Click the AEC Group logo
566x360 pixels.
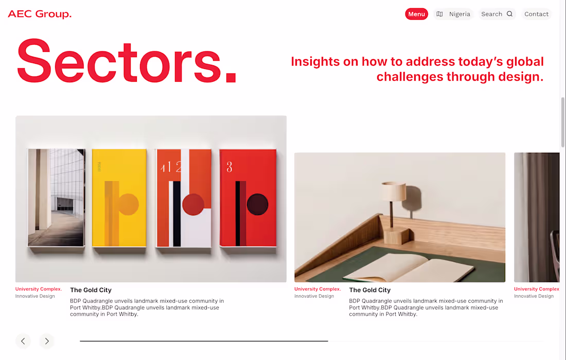[x=40, y=14]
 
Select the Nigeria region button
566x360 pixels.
[x=453, y=14]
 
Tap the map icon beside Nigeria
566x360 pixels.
[x=439, y=14]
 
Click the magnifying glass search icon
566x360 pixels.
[x=509, y=14]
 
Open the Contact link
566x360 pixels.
[x=536, y=14]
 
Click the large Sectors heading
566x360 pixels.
[x=127, y=61]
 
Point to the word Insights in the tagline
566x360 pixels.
[x=315, y=62]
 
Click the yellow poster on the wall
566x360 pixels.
[x=119, y=198]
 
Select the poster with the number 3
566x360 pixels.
[x=248, y=198]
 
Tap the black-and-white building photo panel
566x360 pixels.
[x=56, y=197]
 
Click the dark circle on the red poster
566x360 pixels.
[x=257, y=204]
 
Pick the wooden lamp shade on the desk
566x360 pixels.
[x=394, y=191]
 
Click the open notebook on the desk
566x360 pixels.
[x=409, y=267]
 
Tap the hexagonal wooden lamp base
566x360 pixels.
[x=396, y=236]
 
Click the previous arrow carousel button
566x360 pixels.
[x=23, y=341]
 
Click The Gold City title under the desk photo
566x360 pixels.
[x=369, y=290]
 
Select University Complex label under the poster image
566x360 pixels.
[x=39, y=289]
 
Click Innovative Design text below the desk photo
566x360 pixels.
[x=314, y=296]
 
